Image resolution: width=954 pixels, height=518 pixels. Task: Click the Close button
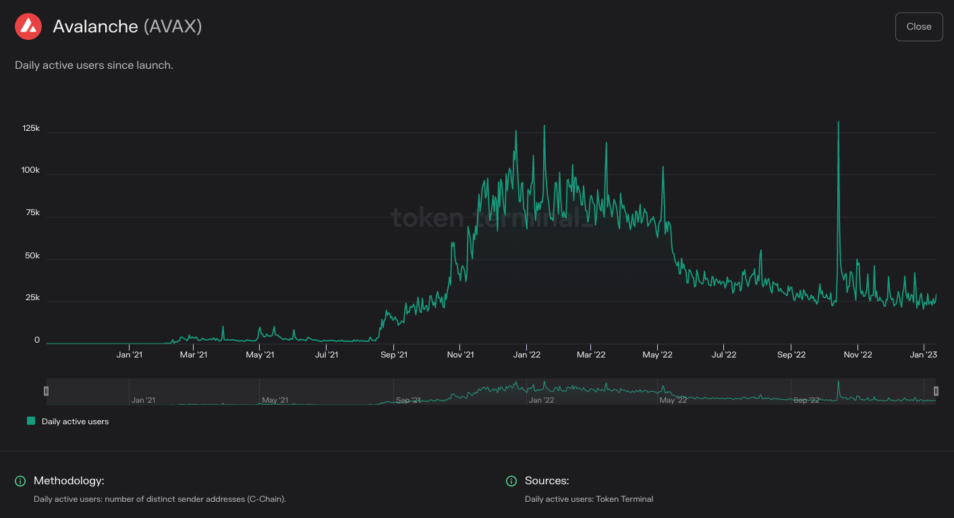click(x=918, y=26)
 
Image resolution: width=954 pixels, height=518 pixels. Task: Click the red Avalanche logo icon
click(x=28, y=26)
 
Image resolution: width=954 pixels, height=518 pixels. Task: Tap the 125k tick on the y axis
click(x=31, y=128)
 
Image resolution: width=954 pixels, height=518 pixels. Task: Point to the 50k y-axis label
click(x=32, y=256)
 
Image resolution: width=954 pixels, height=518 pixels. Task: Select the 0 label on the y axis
click(x=37, y=341)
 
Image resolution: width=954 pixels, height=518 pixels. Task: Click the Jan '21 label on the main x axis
click(x=129, y=355)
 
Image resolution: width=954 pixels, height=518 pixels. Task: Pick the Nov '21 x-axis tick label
click(x=460, y=355)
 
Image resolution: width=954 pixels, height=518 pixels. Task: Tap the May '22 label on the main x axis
click(x=658, y=355)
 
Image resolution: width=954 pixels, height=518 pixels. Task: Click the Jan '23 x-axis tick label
click(x=923, y=355)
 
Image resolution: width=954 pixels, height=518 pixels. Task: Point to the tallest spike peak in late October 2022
click(x=838, y=122)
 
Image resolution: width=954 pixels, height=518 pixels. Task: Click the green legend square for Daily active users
click(x=31, y=421)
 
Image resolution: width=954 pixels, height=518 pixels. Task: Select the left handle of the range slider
click(x=47, y=391)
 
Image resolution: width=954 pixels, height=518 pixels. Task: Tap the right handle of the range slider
click(x=936, y=391)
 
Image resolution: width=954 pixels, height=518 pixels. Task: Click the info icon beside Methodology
click(x=20, y=481)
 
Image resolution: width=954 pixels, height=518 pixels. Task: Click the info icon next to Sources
click(x=511, y=481)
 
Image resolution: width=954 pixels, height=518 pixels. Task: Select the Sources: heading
click(x=546, y=481)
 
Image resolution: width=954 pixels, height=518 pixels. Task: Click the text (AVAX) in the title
click(x=173, y=26)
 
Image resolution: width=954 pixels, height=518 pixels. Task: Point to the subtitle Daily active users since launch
click(x=94, y=65)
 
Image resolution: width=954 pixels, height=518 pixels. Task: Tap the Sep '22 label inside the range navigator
click(x=806, y=400)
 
